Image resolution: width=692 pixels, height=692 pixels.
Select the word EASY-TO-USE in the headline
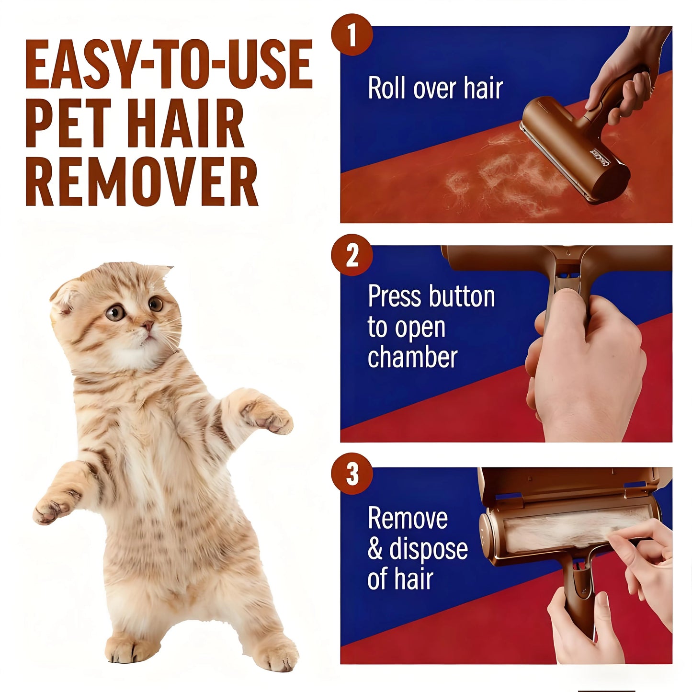[169, 65]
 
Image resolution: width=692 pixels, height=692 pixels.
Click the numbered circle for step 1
[352, 35]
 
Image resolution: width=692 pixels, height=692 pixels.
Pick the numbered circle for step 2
[352, 255]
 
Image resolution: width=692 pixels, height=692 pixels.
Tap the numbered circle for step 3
[352, 474]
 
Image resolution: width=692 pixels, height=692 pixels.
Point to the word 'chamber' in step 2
[412, 357]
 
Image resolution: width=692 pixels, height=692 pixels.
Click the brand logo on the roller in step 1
[599, 158]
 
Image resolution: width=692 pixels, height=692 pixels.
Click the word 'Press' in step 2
[391, 296]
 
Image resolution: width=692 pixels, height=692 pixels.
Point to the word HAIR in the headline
[185, 124]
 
